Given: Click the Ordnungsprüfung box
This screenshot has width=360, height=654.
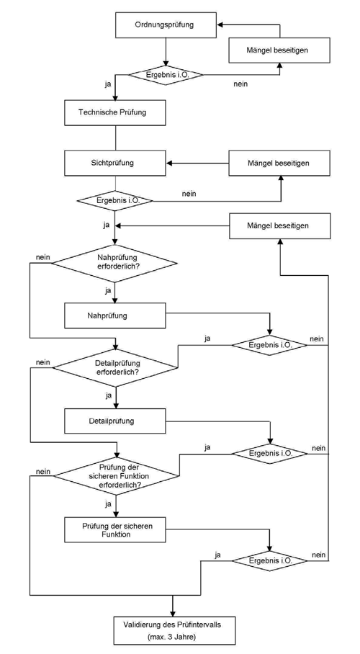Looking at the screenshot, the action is [x=166, y=24].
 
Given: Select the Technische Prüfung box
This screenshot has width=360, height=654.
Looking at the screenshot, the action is [x=114, y=112].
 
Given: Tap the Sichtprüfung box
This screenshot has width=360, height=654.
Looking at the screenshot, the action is [x=114, y=163].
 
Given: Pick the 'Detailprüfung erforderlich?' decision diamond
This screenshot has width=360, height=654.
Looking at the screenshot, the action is [x=114, y=368].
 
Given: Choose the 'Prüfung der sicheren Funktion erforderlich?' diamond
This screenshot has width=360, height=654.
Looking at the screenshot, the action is [x=115, y=475].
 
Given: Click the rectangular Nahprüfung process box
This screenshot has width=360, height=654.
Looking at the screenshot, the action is [x=114, y=315].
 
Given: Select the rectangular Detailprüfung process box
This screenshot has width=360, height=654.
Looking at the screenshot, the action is [x=114, y=421].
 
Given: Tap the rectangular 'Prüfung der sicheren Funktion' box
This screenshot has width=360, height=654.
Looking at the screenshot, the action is [x=114, y=530].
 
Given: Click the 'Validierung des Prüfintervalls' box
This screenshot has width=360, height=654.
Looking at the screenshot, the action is [x=172, y=629].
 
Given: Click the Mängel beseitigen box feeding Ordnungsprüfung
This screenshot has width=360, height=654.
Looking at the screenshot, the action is [x=279, y=50].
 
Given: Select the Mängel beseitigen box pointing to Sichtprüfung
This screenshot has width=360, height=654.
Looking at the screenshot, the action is [x=279, y=163].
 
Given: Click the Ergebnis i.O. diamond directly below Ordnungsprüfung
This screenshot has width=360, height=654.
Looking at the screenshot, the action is [x=166, y=75].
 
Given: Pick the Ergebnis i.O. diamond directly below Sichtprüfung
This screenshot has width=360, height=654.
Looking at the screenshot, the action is [x=114, y=200].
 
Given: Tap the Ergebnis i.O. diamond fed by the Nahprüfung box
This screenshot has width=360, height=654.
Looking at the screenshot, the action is [x=269, y=345].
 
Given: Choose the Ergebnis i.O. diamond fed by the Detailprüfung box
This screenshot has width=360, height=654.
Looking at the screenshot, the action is [x=269, y=453].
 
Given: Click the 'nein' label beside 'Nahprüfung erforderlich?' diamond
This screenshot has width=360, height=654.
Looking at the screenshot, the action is [x=43, y=257].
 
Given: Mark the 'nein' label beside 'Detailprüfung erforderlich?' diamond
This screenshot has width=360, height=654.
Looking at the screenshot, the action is [x=43, y=362].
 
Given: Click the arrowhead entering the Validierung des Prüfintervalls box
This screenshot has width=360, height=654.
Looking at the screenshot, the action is [x=172, y=613].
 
